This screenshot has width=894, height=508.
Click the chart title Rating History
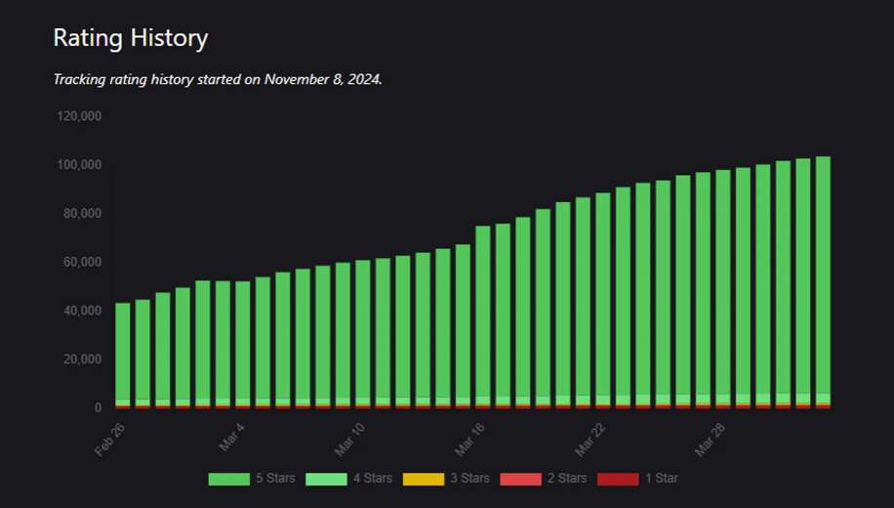130,38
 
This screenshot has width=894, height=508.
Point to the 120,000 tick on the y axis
80,116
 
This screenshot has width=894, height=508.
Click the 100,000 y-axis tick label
80,165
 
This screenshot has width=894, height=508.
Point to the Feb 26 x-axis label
111,438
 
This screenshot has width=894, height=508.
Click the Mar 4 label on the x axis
232,436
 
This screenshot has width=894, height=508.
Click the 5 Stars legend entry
250,479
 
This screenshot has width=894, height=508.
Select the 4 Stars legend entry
348,479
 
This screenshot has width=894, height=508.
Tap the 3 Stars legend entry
446,479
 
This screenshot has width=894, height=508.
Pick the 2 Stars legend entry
543,479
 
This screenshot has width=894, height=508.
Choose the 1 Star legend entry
637,479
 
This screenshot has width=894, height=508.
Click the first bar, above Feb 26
123,352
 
